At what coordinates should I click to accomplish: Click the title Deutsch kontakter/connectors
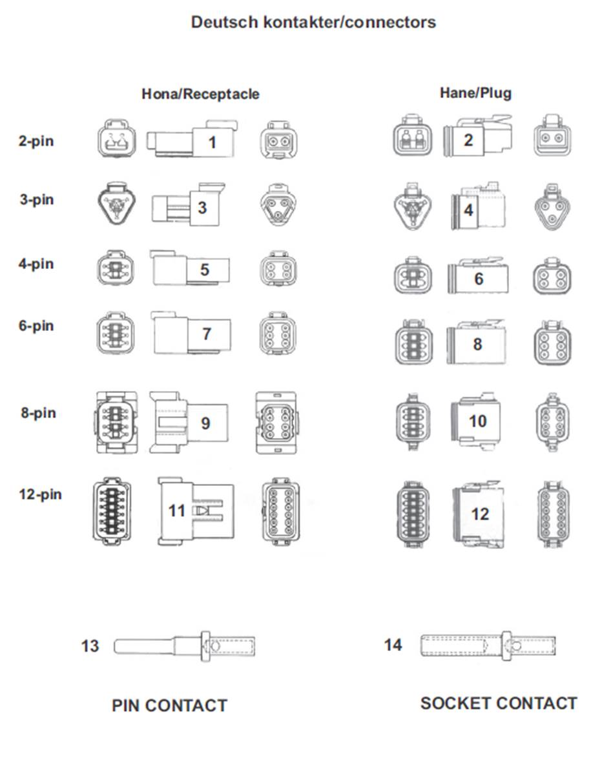(313, 22)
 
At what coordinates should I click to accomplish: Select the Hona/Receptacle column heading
(200, 94)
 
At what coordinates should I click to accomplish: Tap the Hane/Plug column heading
(475, 93)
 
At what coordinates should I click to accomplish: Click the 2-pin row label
(36, 141)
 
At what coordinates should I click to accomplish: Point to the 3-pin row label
(37, 199)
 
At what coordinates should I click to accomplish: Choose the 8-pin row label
(38, 412)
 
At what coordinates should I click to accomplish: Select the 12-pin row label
(40, 494)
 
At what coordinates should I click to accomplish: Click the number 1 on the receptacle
(212, 143)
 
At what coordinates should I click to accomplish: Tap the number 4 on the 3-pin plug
(468, 210)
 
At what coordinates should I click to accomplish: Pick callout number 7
(207, 334)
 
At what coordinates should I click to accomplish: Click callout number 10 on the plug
(477, 421)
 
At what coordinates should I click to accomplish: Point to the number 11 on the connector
(176, 510)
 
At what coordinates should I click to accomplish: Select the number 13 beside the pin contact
(90, 646)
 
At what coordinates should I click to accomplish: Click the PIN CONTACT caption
(169, 705)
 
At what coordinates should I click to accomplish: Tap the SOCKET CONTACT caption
(499, 703)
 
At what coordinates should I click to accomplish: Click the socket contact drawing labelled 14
(488, 645)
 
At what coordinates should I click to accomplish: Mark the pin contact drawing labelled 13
(185, 646)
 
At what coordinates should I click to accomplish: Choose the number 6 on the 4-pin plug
(479, 279)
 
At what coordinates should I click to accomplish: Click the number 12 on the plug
(480, 514)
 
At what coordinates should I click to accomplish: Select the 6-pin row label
(36, 326)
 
